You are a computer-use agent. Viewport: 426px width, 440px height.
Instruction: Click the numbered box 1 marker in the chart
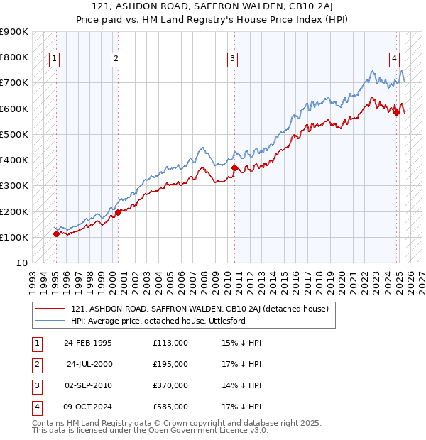coord(55,59)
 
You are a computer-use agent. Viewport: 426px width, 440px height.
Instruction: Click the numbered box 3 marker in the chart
coord(233,59)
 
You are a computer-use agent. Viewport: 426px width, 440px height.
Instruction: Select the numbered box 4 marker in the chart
coord(394,59)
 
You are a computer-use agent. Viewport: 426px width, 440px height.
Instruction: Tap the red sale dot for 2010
coord(235,167)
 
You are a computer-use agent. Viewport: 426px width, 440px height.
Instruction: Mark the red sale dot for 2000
coord(118,212)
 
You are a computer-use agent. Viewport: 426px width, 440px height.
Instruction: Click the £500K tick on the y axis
coord(13,134)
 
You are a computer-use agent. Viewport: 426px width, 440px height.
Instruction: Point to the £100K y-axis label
coord(13,237)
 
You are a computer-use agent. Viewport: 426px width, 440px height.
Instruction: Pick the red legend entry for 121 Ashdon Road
coord(199,309)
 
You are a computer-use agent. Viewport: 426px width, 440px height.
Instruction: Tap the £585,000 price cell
coord(170,407)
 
